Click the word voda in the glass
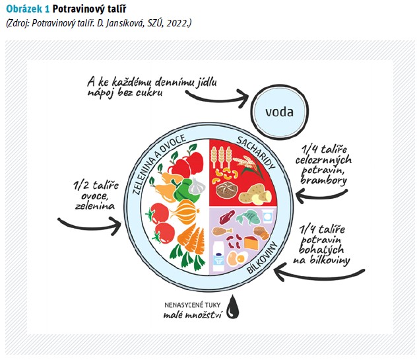click(x=279, y=112)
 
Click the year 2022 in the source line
click(x=177, y=23)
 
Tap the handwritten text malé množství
click(x=193, y=316)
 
